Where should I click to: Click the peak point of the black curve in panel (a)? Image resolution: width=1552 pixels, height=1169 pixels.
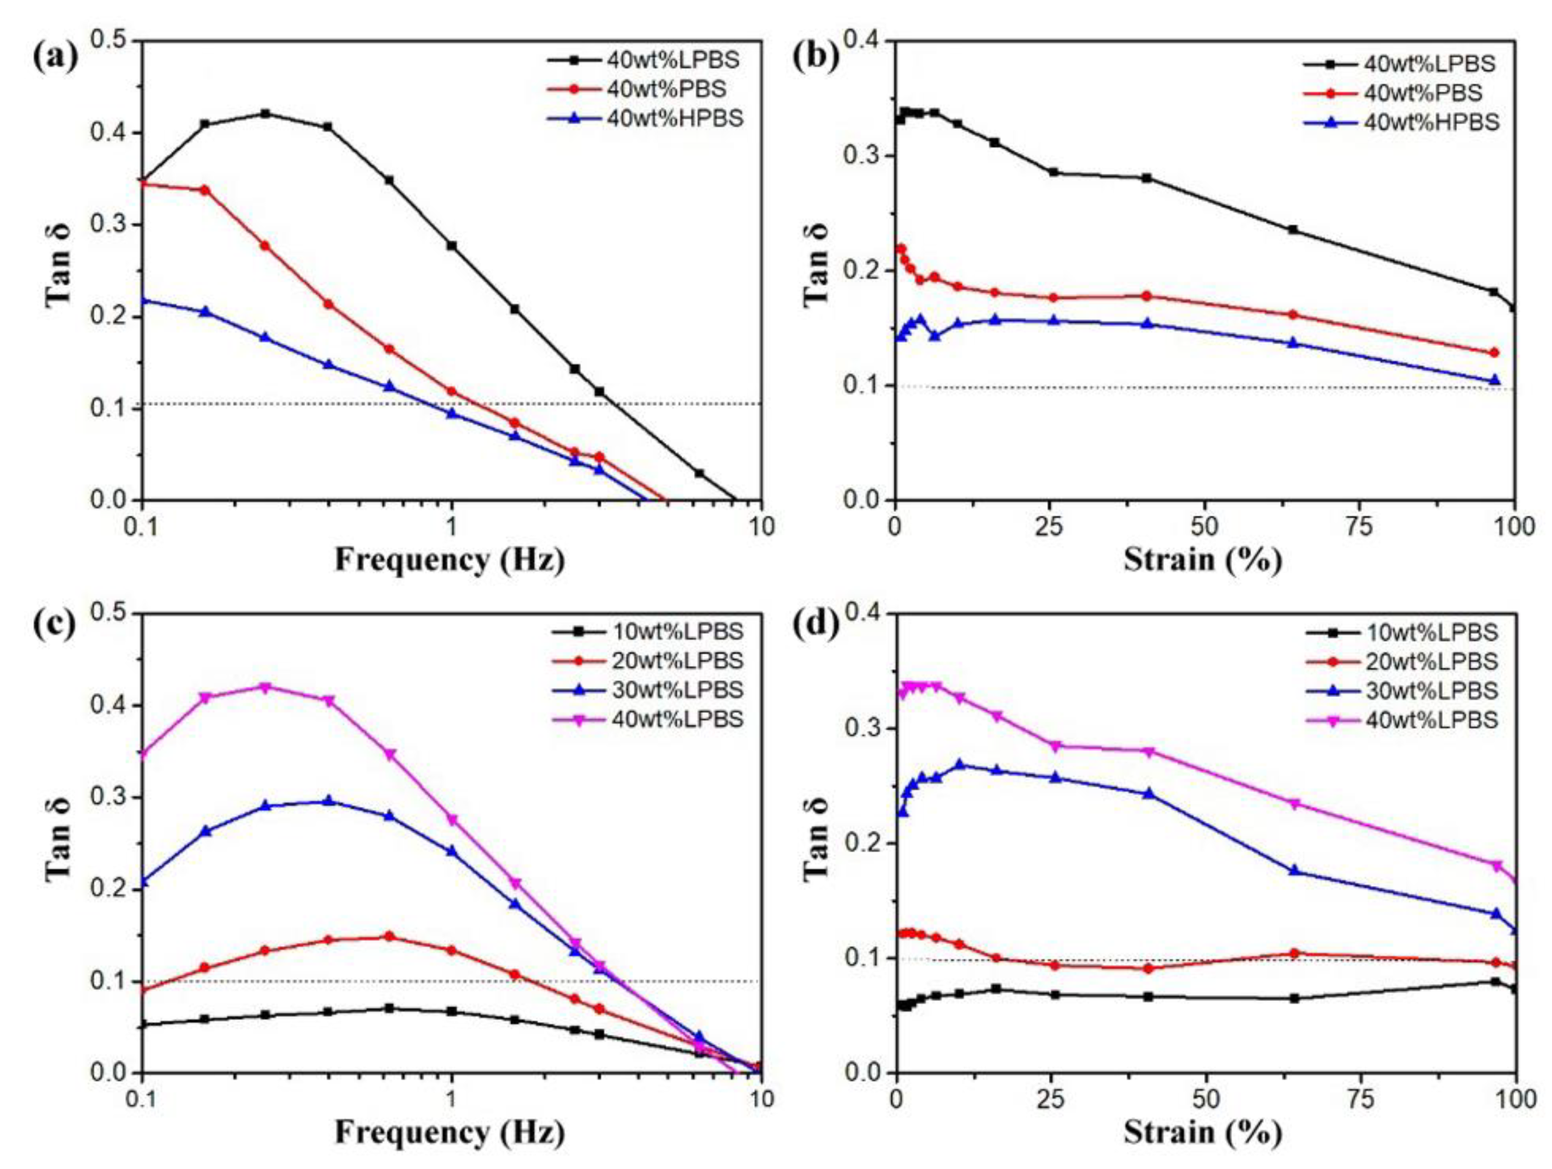(x=265, y=114)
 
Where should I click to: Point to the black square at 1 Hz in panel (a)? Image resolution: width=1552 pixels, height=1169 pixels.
(x=452, y=246)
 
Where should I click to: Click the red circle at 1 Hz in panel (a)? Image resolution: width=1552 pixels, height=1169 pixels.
(x=452, y=391)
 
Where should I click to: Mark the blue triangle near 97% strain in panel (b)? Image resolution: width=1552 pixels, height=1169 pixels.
(x=1494, y=381)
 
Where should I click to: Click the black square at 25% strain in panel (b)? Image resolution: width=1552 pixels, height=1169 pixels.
(x=1053, y=172)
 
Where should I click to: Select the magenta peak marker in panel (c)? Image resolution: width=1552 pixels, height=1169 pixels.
(x=265, y=687)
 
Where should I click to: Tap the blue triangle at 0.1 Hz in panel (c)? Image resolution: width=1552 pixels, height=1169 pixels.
(x=143, y=881)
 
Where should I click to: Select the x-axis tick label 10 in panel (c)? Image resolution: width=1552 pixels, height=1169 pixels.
(x=762, y=1099)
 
